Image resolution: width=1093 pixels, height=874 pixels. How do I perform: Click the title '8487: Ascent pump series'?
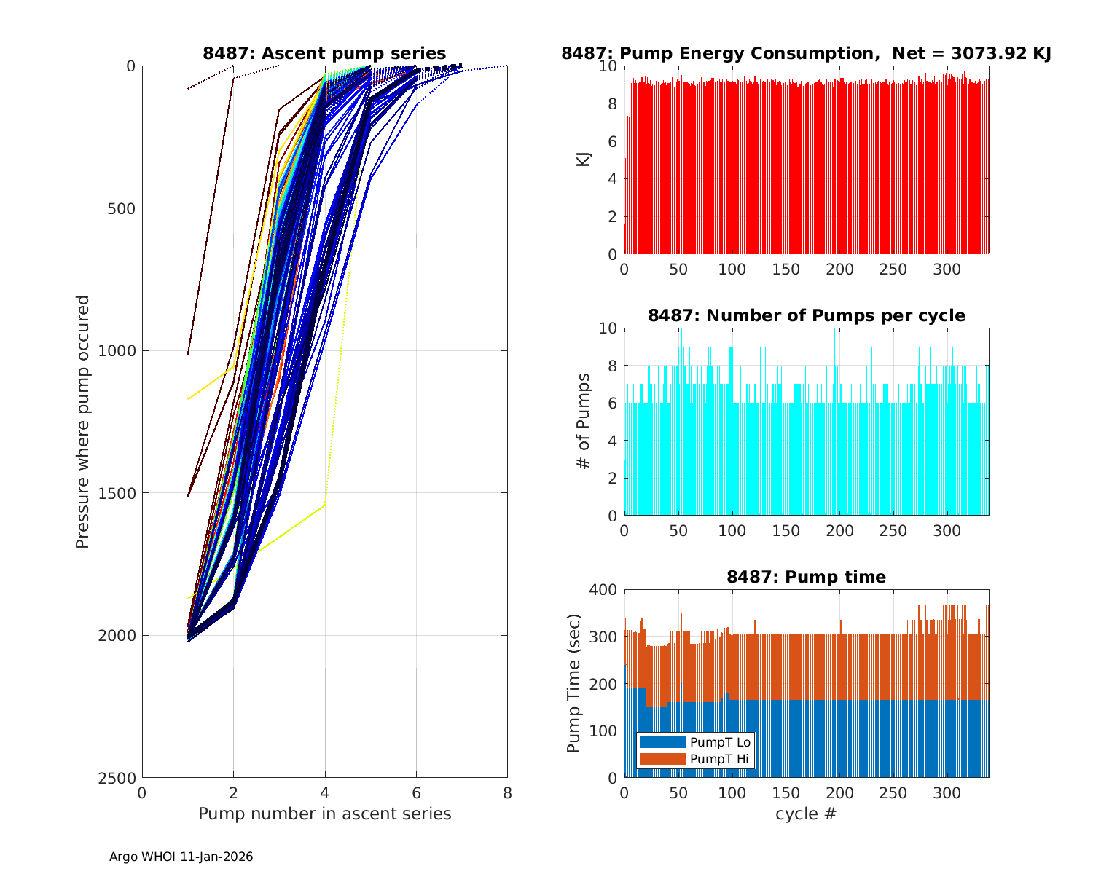324,53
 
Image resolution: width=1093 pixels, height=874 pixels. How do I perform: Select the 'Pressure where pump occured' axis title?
83,422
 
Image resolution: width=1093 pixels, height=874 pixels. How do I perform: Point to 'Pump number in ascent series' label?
324,814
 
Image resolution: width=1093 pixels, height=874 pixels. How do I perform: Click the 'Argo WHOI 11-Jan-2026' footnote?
181,857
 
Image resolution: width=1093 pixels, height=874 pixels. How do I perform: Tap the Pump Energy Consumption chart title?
806,53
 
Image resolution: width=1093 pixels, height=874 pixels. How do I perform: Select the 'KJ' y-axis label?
584,160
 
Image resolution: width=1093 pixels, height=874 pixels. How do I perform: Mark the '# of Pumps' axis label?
584,422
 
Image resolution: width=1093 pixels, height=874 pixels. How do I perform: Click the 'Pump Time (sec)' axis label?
574,684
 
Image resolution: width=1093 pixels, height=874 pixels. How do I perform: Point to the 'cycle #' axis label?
806,814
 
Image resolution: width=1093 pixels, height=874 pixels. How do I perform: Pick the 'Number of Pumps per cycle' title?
806,315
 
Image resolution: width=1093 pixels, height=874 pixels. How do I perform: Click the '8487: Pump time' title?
806,577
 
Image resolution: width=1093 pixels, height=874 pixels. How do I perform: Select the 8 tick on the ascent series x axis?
507,793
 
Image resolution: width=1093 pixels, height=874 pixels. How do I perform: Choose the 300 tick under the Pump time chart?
947,793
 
